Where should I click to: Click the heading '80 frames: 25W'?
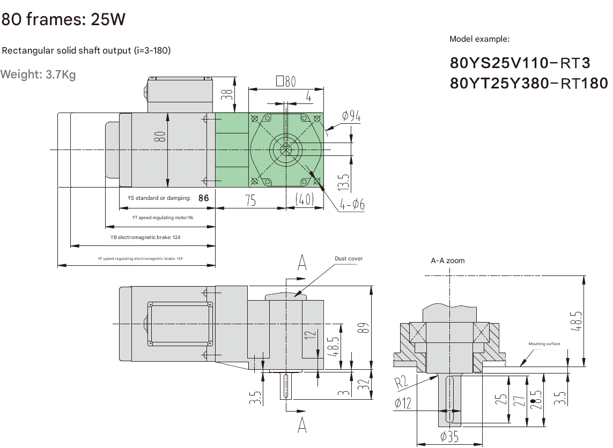click(63, 20)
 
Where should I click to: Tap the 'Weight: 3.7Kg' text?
click(38, 74)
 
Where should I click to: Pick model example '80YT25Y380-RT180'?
click(529, 83)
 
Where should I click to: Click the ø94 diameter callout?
click(351, 116)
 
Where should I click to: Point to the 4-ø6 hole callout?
click(352, 204)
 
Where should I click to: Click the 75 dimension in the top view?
click(250, 200)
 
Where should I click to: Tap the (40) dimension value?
click(304, 200)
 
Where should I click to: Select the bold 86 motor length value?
click(203, 198)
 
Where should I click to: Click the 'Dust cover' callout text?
click(349, 259)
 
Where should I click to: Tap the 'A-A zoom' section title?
click(448, 260)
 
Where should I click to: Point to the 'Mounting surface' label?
click(544, 344)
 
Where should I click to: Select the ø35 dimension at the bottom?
click(449, 437)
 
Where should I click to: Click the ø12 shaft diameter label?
click(403, 403)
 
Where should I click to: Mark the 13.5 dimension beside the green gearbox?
click(344, 182)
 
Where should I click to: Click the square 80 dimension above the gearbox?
click(286, 81)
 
